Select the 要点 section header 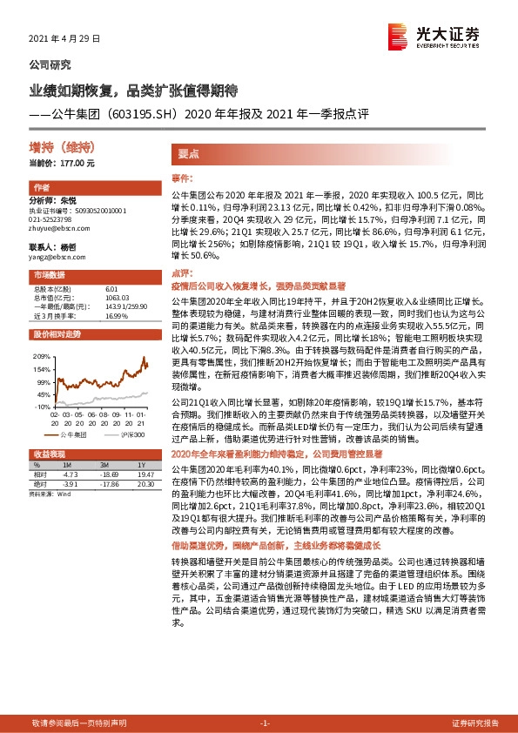pos(191,153)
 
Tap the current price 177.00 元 pos(88,163)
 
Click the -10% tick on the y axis pos(40,406)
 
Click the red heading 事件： pos(182,177)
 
